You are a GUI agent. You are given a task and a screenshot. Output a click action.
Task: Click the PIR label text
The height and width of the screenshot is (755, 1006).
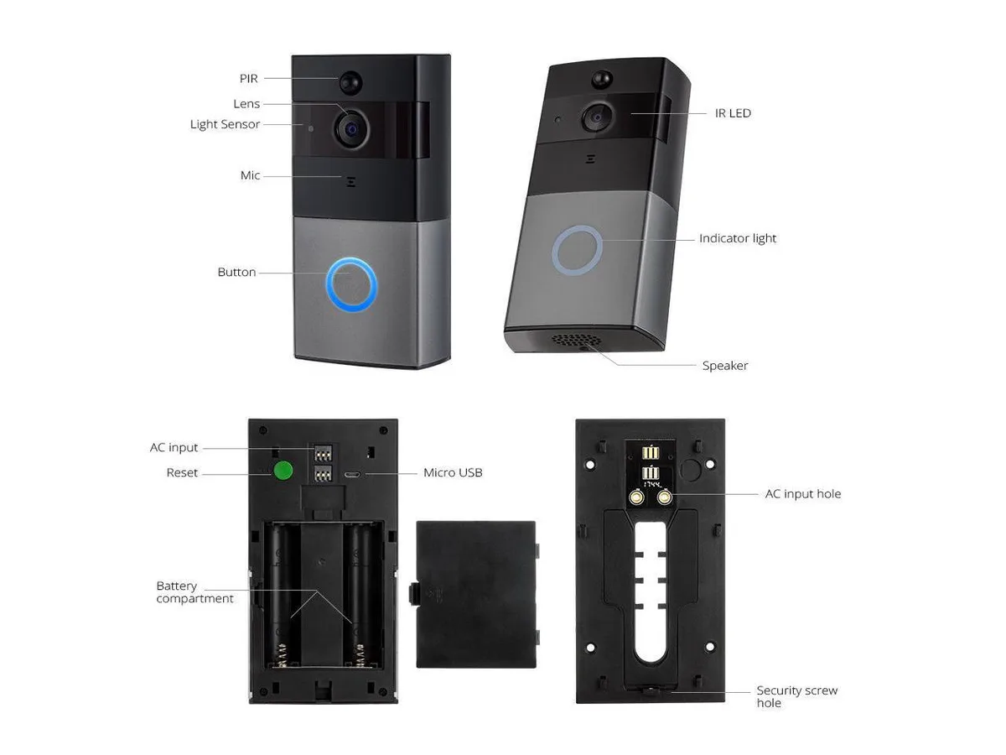[248, 78]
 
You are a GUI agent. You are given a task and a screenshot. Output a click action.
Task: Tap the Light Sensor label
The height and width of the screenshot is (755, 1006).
[225, 124]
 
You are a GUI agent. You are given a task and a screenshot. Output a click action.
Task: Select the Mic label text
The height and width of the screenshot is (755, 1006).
[250, 175]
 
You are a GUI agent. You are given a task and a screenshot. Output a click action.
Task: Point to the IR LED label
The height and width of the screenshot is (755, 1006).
[733, 113]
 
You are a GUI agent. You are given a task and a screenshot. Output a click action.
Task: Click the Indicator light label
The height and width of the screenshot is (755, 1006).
[738, 238]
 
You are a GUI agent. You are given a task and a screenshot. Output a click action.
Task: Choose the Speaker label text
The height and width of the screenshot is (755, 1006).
[725, 366]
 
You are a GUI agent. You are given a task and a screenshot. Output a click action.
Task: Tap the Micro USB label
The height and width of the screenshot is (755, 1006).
[453, 472]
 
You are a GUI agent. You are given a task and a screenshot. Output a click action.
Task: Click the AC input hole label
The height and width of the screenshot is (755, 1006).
[803, 494]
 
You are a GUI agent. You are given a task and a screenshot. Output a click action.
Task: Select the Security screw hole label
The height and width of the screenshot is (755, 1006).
[797, 696]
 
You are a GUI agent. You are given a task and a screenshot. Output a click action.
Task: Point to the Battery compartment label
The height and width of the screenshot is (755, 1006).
[194, 591]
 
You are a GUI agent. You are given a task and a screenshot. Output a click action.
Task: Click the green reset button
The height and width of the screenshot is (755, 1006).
[283, 471]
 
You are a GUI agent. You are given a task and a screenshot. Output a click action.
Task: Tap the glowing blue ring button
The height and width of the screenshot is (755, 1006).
[351, 284]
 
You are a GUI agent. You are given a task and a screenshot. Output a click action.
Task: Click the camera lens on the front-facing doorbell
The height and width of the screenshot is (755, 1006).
[351, 130]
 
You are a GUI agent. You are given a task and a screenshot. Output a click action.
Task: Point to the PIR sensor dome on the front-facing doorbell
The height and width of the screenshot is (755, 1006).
[350, 82]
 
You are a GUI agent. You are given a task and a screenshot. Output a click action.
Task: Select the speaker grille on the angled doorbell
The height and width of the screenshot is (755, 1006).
[577, 340]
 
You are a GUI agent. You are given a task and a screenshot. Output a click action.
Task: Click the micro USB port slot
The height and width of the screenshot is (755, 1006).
[352, 474]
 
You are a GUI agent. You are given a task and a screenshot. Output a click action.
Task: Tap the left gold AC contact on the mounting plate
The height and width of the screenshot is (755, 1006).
[636, 497]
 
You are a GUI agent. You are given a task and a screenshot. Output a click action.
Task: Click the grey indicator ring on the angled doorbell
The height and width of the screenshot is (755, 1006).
[577, 250]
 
